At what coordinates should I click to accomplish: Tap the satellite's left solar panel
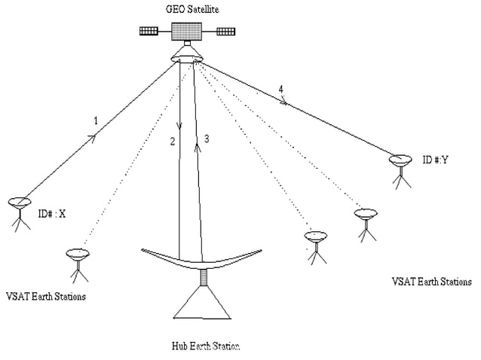(149, 32)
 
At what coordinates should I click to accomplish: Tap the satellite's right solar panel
(225, 32)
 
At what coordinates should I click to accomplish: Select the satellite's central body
(188, 31)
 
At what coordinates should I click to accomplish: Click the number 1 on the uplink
(95, 121)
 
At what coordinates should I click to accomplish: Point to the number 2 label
(173, 141)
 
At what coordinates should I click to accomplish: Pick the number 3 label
(206, 139)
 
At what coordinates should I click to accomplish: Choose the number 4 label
(280, 90)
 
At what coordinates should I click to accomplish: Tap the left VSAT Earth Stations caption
(45, 296)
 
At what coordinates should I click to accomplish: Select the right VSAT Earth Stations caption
(431, 282)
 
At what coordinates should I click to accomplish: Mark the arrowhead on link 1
(94, 136)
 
